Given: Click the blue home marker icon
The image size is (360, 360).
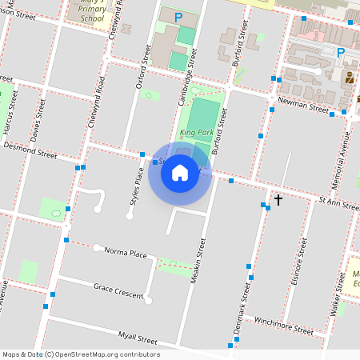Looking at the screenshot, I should coord(180,172).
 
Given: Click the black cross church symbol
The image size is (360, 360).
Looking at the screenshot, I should coord(278,199).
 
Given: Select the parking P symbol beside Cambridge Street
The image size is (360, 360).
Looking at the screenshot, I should coord(178,16).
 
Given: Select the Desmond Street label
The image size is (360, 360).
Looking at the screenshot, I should coord(30,148).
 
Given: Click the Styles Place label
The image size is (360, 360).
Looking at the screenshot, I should coord(130,198).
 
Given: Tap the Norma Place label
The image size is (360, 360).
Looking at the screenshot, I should coord(126,253).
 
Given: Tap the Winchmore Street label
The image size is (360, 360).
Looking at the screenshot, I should coord(283,324).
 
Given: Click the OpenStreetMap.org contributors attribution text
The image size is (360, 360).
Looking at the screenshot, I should coord(108,354).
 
